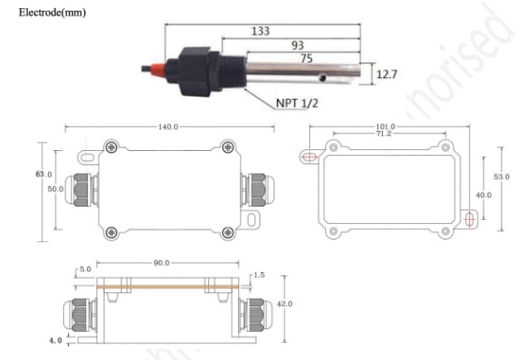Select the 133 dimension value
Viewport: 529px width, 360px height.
pyautogui.click(x=260, y=31)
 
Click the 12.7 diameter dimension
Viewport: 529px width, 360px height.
pyautogui.click(x=386, y=75)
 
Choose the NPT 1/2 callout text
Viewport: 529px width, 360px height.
pyautogui.click(x=299, y=104)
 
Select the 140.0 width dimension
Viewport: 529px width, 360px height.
pyautogui.click(x=168, y=127)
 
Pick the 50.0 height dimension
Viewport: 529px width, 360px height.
pyautogui.click(x=55, y=189)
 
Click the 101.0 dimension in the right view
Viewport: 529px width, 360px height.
pyautogui.click(x=385, y=126)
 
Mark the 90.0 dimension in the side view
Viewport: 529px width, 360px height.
pyautogui.click(x=161, y=262)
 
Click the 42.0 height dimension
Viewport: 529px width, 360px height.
pyautogui.click(x=284, y=304)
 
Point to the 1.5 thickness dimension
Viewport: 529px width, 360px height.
pyautogui.click(x=260, y=274)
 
